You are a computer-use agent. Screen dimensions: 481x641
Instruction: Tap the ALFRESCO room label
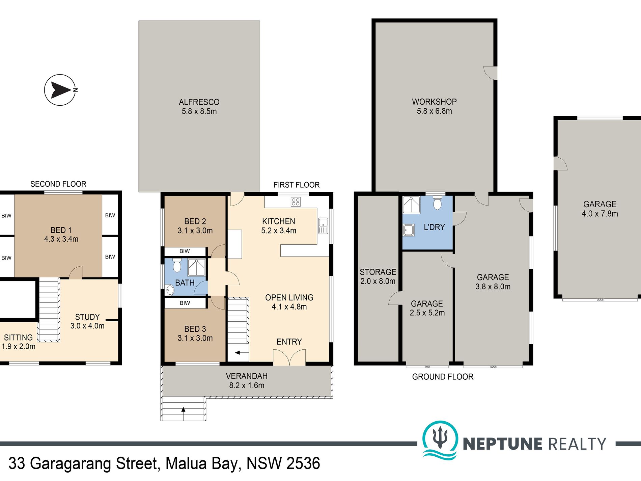pyautogui.click(x=199, y=102)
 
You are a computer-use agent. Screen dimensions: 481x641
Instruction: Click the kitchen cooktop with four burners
pyautogui.click(x=296, y=202)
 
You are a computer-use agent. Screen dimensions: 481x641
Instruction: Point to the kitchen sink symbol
pyautogui.click(x=323, y=226)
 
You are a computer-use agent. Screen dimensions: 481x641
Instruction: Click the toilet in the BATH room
pyautogui.click(x=177, y=266)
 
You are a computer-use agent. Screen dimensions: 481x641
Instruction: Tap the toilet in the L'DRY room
pyautogui.click(x=437, y=203)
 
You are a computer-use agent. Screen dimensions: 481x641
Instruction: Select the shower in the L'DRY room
pyautogui.click(x=412, y=205)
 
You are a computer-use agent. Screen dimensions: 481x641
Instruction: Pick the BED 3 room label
pyautogui.click(x=195, y=329)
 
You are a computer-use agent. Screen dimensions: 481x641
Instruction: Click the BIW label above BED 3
pyautogui.click(x=185, y=303)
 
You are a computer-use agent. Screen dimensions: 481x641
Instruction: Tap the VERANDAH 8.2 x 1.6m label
pyautogui.click(x=247, y=380)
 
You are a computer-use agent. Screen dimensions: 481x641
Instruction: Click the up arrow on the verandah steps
pyautogui.click(x=183, y=410)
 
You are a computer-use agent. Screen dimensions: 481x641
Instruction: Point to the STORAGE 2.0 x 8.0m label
pyautogui.click(x=378, y=276)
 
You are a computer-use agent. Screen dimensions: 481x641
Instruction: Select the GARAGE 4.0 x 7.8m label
pyautogui.click(x=600, y=209)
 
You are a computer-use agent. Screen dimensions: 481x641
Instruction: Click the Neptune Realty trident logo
pyautogui.click(x=440, y=439)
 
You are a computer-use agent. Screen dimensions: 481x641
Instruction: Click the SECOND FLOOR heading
pyautogui.click(x=58, y=184)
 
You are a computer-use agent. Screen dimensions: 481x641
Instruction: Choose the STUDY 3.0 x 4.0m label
pyautogui.click(x=87, y=321)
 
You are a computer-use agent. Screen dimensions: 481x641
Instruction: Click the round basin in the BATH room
pyautogui.click(x=170, y=290)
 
